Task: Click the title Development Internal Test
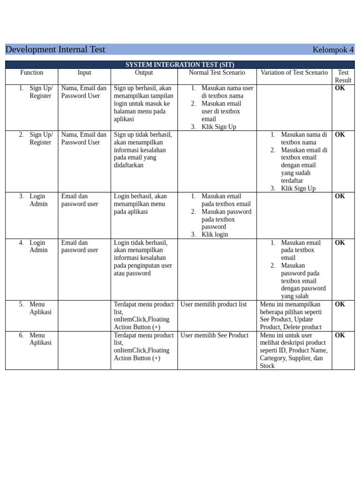[x=55, y=50]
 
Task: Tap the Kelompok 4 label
[x=333, y=50]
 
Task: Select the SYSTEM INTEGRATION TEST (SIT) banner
[x=180, y=65]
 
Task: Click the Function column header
[x=32, y=73]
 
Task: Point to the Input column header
[x=84, y=73]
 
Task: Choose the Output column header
[x=144, y=73]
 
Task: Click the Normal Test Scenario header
[x=217, y=73]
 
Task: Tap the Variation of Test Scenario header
[x=294, y=73]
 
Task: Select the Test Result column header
[x=343, y=76]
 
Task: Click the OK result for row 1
[x=340, y=88]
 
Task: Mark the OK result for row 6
[x=340, y=335]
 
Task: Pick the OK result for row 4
[x=340, y=243]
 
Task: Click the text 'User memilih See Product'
[x=215, y=335]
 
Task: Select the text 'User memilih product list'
[x=214, y=304]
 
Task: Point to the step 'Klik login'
[x=215, y=234]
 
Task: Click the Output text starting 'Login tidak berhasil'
[x=143, y=258]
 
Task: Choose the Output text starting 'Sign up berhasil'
[x=143, y=104]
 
